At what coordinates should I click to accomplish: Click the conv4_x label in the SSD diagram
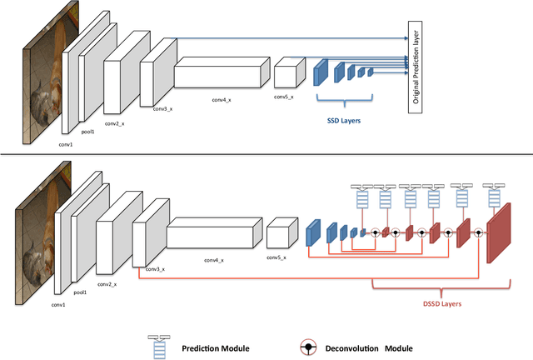pos(222,99)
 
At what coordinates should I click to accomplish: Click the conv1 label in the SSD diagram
pos(66,143)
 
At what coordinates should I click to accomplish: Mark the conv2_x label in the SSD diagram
pos(114,122)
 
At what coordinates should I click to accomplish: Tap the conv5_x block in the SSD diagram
pos(286,73)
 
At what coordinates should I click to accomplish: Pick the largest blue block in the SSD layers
pos(321,72)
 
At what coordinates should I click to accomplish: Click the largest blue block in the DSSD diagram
pos(313,233)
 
